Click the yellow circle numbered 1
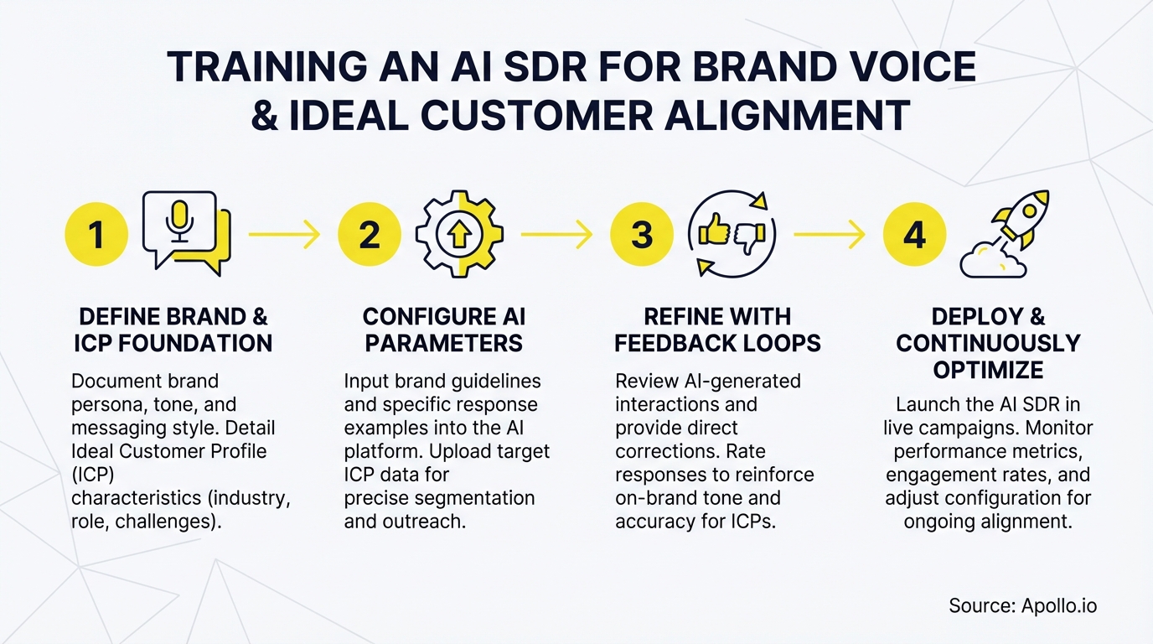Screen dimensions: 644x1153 (x=96, y=235)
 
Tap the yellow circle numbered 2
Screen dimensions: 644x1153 (x=370, y=235)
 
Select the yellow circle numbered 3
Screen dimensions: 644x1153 (x=642, y=235)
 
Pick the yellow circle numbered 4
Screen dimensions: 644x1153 (x=915, y=235)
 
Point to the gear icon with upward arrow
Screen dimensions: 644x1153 (x=459, y=235)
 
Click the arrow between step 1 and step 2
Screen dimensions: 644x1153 (x=285, y=235)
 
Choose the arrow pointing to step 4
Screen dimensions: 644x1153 (x=829, y=235)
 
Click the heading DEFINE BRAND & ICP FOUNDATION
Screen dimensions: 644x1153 (x=173, y=330)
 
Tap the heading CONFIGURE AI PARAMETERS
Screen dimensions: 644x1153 (x=444, y=330)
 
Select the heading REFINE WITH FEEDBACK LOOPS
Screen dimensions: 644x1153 (x=717, y=330)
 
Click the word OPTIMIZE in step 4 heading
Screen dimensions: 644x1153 (x=989, y=369)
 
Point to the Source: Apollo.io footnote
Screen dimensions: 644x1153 (x=1022, y=605)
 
